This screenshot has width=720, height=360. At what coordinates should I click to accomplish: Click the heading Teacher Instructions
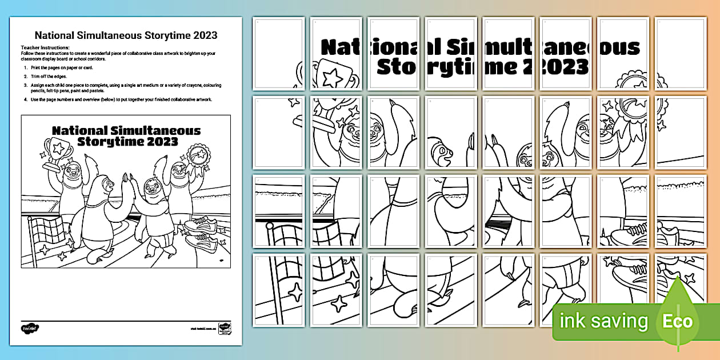pyautogui.click(x=45, y=47)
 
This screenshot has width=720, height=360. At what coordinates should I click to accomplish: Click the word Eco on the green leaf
pyautogui.click(x=677, y=321)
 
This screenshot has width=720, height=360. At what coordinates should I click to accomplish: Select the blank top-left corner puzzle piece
pyautogui.click(x=278, y=53)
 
